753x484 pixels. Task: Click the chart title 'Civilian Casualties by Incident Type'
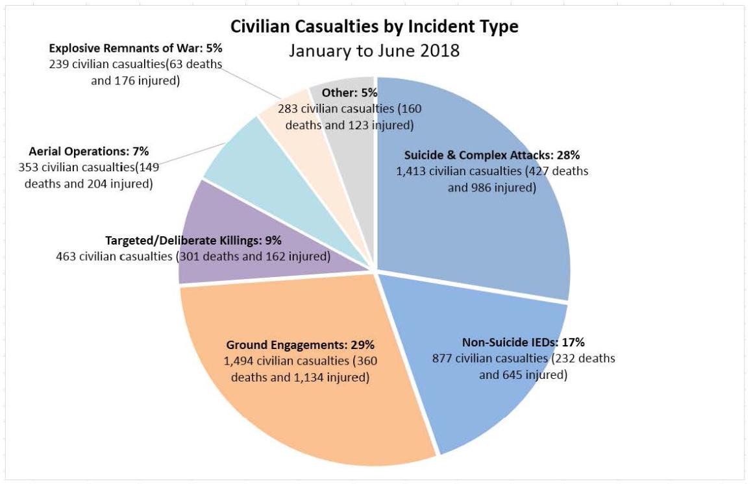[375, 27]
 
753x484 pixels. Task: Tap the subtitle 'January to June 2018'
[375, 51]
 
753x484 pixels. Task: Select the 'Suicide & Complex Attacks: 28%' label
[491, 156]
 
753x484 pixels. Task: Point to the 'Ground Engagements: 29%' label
[300, 345]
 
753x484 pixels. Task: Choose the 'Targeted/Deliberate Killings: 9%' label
[193, 240]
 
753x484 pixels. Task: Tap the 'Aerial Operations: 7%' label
[85, 152]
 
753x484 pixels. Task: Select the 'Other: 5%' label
[350, 93]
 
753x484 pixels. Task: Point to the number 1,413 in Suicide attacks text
[412, 172]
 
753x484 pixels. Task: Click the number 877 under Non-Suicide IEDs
[443, 359]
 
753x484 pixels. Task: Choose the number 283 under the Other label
[288, 109]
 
